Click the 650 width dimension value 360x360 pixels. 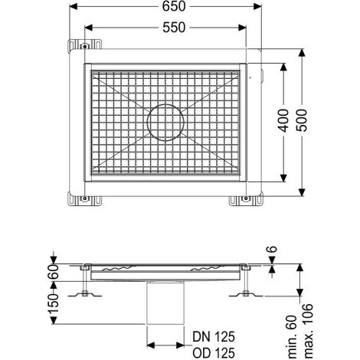(174, 7)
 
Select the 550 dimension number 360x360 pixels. (174, 28)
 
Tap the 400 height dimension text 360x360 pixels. (283, 120)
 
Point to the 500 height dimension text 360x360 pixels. (302, 120)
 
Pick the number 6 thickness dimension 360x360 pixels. (273, 249)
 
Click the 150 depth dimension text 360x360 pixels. (54, 303)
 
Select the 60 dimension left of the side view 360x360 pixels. (54, 271)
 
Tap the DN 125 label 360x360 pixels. (214, 337)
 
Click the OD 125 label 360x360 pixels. (214, 353)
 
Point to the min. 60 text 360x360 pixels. (293, 336)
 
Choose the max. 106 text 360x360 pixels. (309, 331)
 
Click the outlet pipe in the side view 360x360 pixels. (165, 303)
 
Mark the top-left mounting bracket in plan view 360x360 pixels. (84, 46)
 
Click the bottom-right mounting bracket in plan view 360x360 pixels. (246, 199)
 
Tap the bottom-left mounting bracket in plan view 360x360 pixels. (84, 199)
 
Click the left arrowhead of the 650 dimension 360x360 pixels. (74, 7)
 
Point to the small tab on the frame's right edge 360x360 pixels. (262, 77)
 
